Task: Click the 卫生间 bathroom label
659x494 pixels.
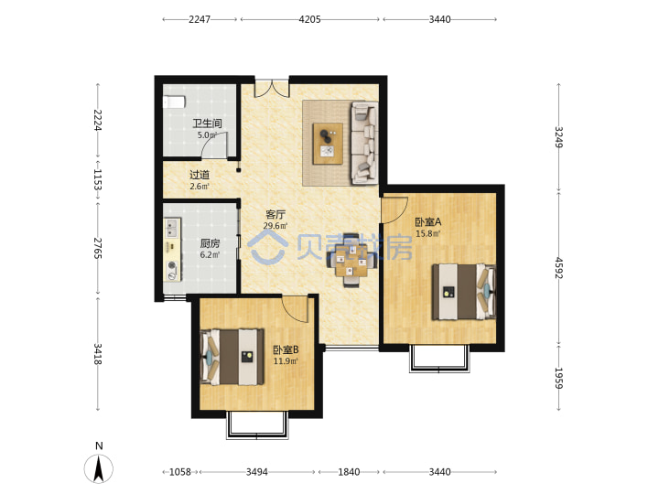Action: (207, 123)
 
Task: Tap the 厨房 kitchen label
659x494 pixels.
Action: (210, 243)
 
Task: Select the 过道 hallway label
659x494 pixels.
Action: (200, 175)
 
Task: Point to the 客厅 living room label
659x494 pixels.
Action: (275, 215)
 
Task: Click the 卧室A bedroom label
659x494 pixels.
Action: (428, 222)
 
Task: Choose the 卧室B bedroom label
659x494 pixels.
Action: (286, 349)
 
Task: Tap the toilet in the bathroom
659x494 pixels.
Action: (174, 102)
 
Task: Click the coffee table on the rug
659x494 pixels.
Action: (328, 144)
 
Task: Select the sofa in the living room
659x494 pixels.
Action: (365, 144)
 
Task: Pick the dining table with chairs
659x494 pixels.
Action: (351, 261)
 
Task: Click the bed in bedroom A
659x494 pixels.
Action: (464, 292)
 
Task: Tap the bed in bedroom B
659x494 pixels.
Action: (232, 357)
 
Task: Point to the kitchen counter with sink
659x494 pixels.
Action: (172, 250)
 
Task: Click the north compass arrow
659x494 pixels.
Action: (99, 468)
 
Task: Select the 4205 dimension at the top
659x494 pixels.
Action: (309, 19)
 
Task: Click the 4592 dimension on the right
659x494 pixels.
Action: (558, 268)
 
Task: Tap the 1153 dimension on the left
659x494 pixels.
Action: (98, 180)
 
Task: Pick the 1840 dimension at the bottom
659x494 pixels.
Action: (349, 472)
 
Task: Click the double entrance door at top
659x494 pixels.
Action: (272, 88)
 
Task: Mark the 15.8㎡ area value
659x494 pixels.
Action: (427, 234)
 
